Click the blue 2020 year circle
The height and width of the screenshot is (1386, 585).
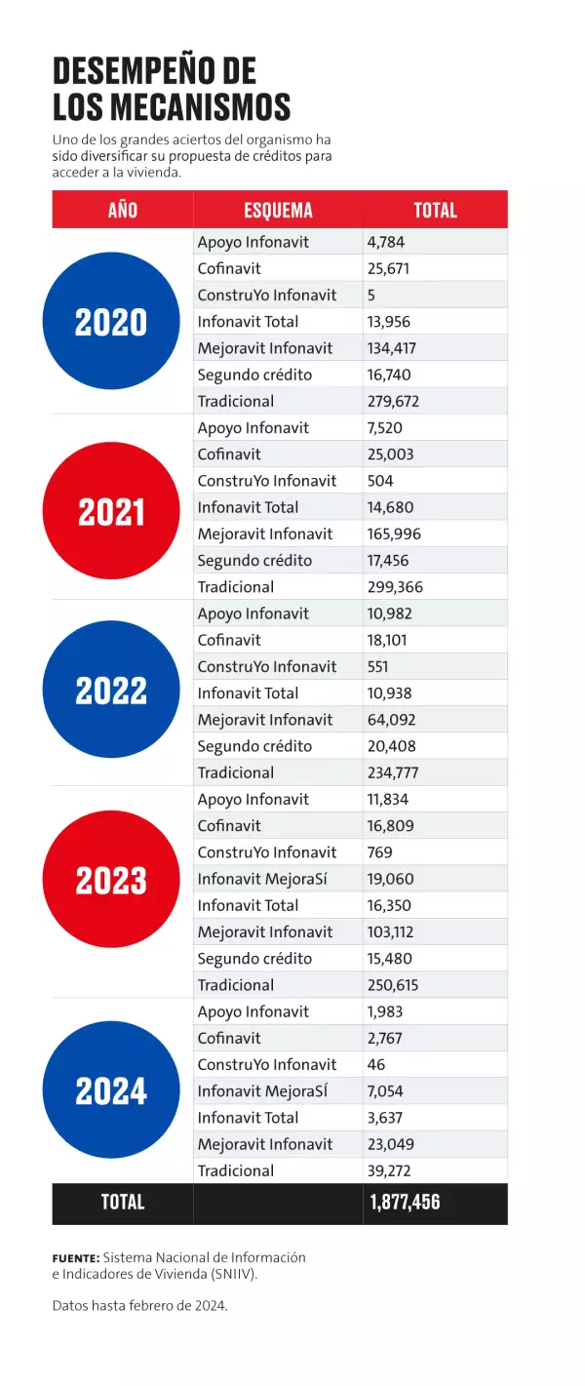[x=111, y=321]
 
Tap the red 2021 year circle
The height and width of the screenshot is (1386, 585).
[x=111, y=510]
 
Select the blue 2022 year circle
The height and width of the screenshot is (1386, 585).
[x=111, y=690]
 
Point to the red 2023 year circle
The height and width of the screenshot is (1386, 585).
[x=111, y=880]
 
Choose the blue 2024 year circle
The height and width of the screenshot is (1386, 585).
[x=111, y=1089]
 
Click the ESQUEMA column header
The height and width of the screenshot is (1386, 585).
[x=278, y=210]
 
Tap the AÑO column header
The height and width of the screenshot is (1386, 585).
[x=123, y=210]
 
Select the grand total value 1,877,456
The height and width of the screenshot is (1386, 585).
[x=405, y=1202]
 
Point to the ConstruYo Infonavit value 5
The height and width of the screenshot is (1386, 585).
[x=371, y=295]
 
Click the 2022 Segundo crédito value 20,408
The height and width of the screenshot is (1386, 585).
[x=392, y=746]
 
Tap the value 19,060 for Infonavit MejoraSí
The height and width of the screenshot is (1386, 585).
[x=390, y=879]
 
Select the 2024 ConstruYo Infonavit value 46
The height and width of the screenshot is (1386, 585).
[x=376, y=1064]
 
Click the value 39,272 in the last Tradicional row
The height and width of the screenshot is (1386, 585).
[x=390, y=1170]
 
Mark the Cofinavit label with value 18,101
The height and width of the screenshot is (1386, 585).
[x=229, y=640]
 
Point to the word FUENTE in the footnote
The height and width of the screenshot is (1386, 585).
[x=75, y=1258]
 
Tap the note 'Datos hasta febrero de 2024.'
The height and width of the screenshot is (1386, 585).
[x=139, y=1305]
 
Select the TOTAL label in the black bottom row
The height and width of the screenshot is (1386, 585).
[x=123, y=1202]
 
